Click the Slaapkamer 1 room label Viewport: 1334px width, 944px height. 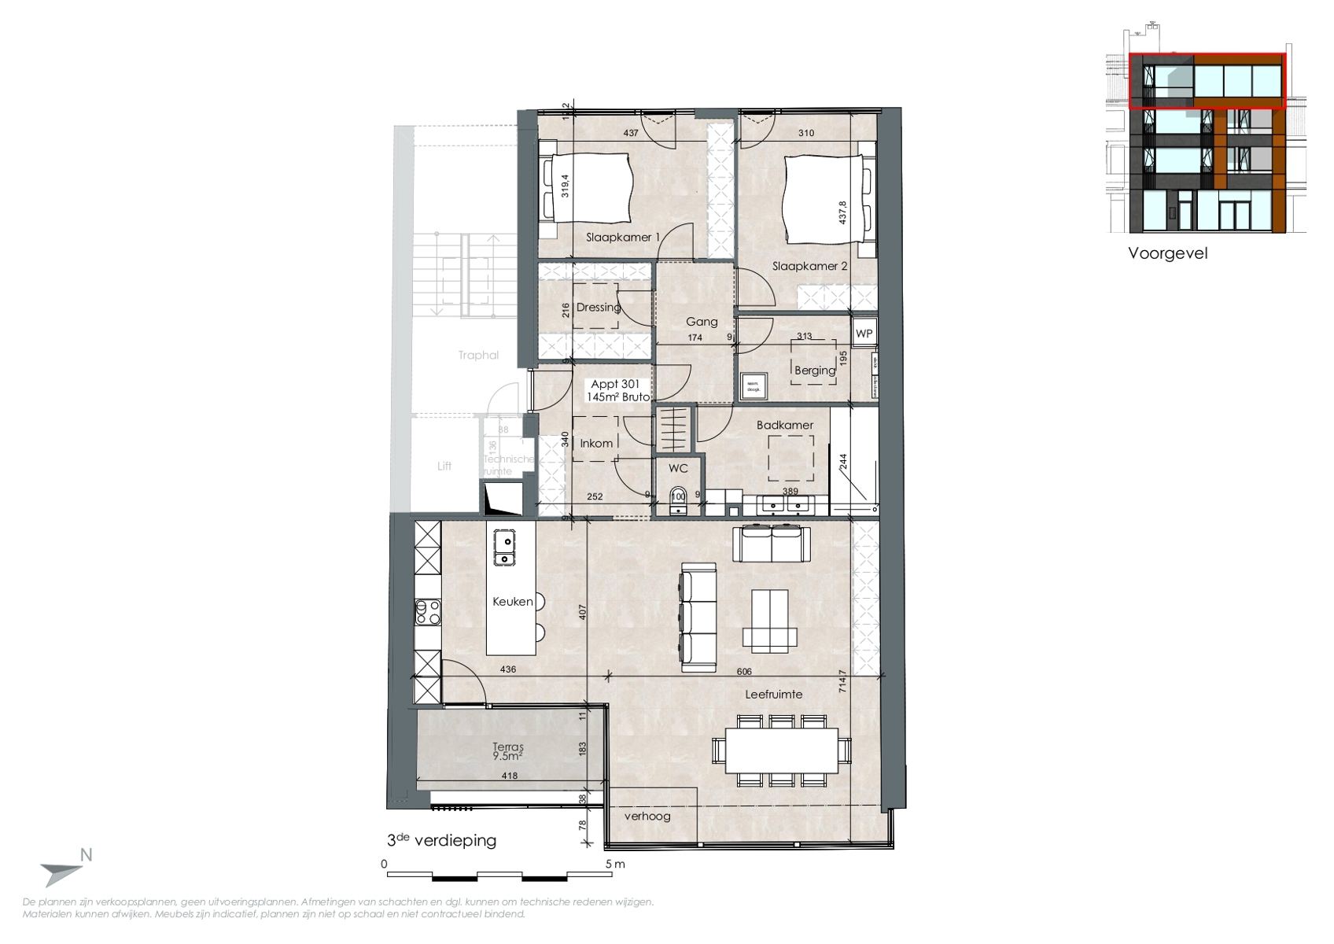coord(622,237)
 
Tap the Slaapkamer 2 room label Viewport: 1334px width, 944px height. coord(809,266)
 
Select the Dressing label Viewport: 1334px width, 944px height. coord(598,307)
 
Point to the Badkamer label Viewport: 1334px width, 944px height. coord(784,425)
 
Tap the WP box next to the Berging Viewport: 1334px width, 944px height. coord(864,334)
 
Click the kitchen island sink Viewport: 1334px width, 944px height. coord(503,548)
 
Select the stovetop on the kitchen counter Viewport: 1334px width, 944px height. coord(428,611)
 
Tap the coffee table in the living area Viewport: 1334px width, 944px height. coord(769,621)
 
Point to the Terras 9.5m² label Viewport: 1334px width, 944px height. coord(508,751)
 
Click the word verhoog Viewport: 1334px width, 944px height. coord(647,816)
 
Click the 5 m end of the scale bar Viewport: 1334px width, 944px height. coord(614,864)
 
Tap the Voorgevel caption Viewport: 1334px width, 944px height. coord(1167,253)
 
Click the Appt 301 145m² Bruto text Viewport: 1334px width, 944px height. coord(617,391)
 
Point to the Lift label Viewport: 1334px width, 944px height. coord(444,466)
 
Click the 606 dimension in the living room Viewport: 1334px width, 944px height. coord(744,672)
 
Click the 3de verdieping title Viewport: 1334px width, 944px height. coord(441,840)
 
